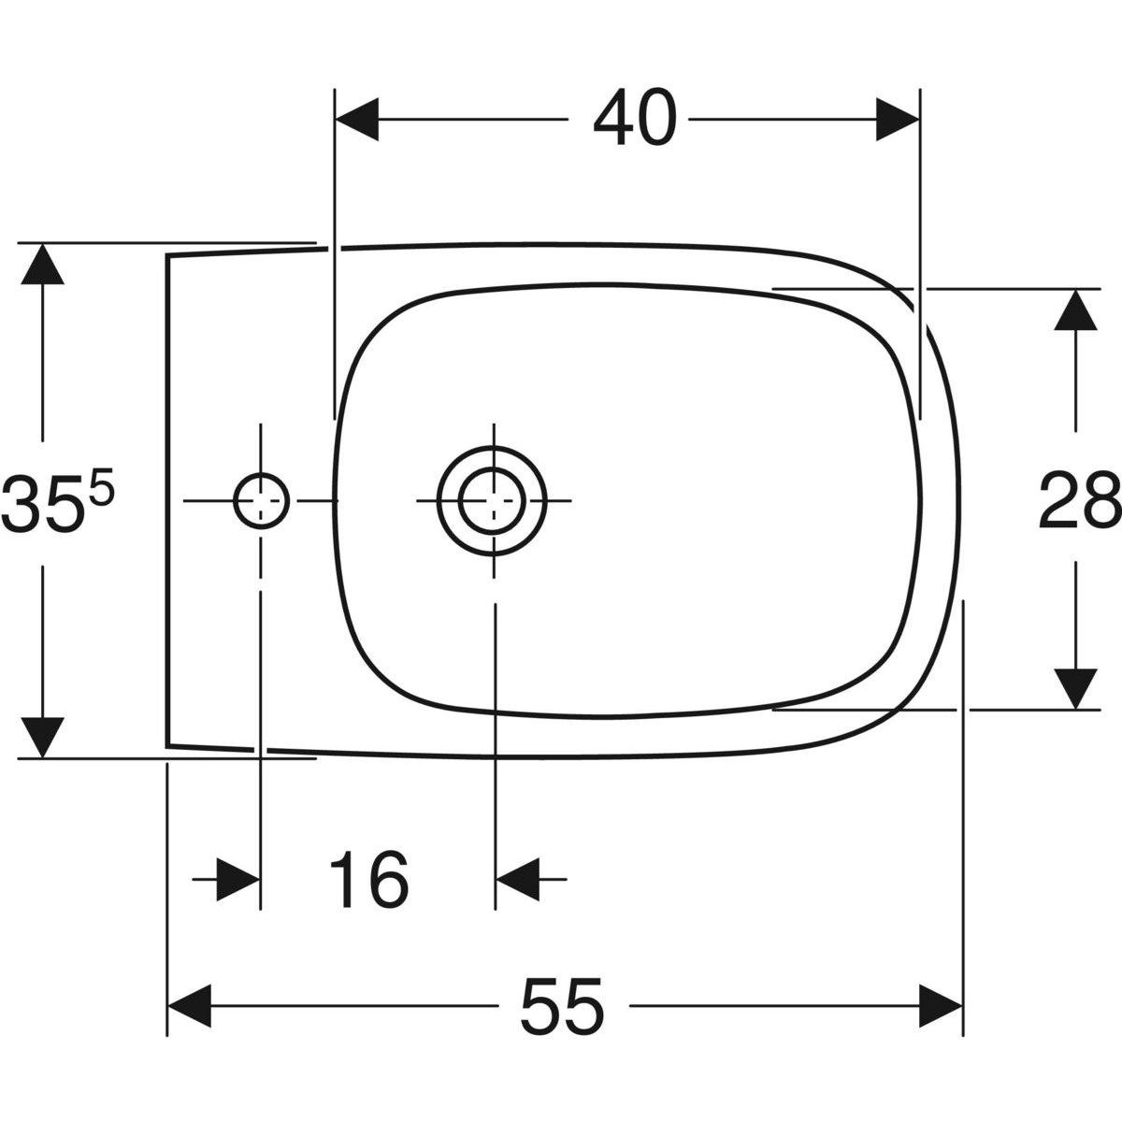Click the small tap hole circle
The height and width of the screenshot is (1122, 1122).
[262, 500]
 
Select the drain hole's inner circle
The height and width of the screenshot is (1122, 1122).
[492, 500]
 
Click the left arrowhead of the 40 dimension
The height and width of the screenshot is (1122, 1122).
[357, 120]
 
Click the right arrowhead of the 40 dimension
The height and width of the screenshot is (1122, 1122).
[898, 120]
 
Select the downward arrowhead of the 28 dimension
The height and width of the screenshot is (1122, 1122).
[1075, 688]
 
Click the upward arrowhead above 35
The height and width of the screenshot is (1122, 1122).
[42, 264]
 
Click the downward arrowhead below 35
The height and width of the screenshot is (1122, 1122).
[42, 738]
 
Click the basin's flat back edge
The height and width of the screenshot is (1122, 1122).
[167, 500]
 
